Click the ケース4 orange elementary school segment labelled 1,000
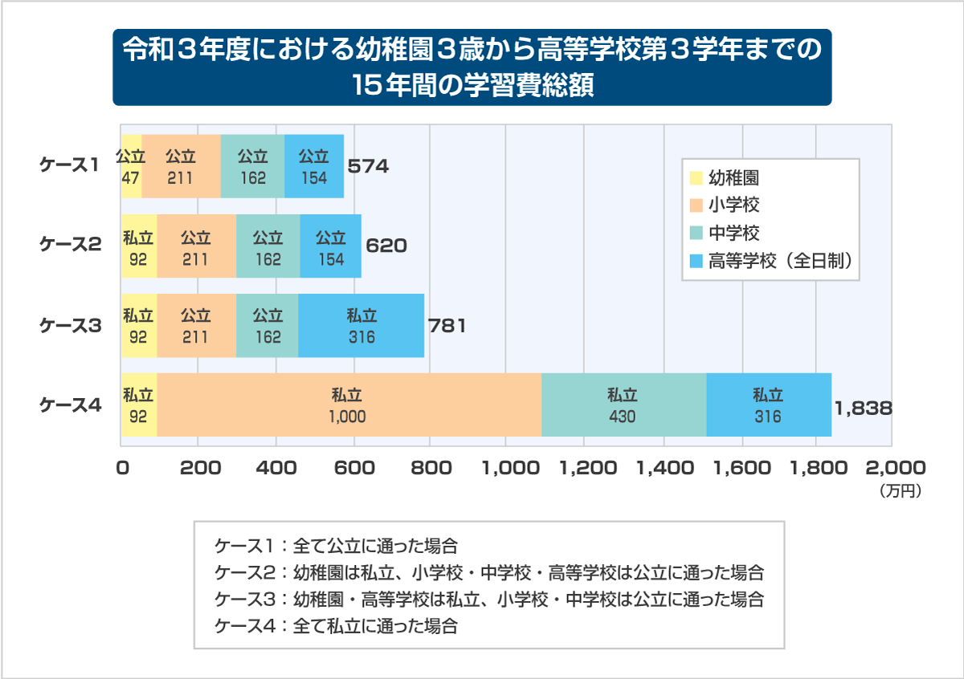click(348, 405)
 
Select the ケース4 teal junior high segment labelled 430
click(623, 405)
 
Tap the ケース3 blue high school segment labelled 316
click(361, 326)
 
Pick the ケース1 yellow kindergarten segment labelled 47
click(131, 166)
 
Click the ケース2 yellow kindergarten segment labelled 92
click(138, 246)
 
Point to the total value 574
click(368, 167)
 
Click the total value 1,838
click(863, 408)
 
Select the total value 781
click(446, 326)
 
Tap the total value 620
click(386, 246)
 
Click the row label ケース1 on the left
click(70, 165)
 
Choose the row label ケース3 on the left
click(71, 326)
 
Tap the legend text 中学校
click(734, 233)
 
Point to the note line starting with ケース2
click(488, 573)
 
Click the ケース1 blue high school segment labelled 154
click(314, 166)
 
